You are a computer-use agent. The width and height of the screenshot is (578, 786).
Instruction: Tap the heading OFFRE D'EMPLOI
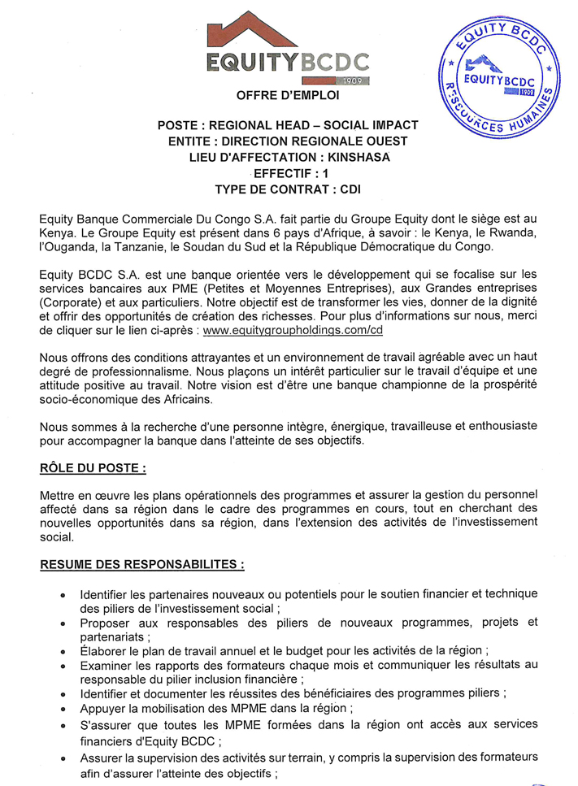289,96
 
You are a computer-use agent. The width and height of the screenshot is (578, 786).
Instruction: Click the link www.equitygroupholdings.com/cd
293,331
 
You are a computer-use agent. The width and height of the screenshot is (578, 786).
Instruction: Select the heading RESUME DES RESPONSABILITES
142,563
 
